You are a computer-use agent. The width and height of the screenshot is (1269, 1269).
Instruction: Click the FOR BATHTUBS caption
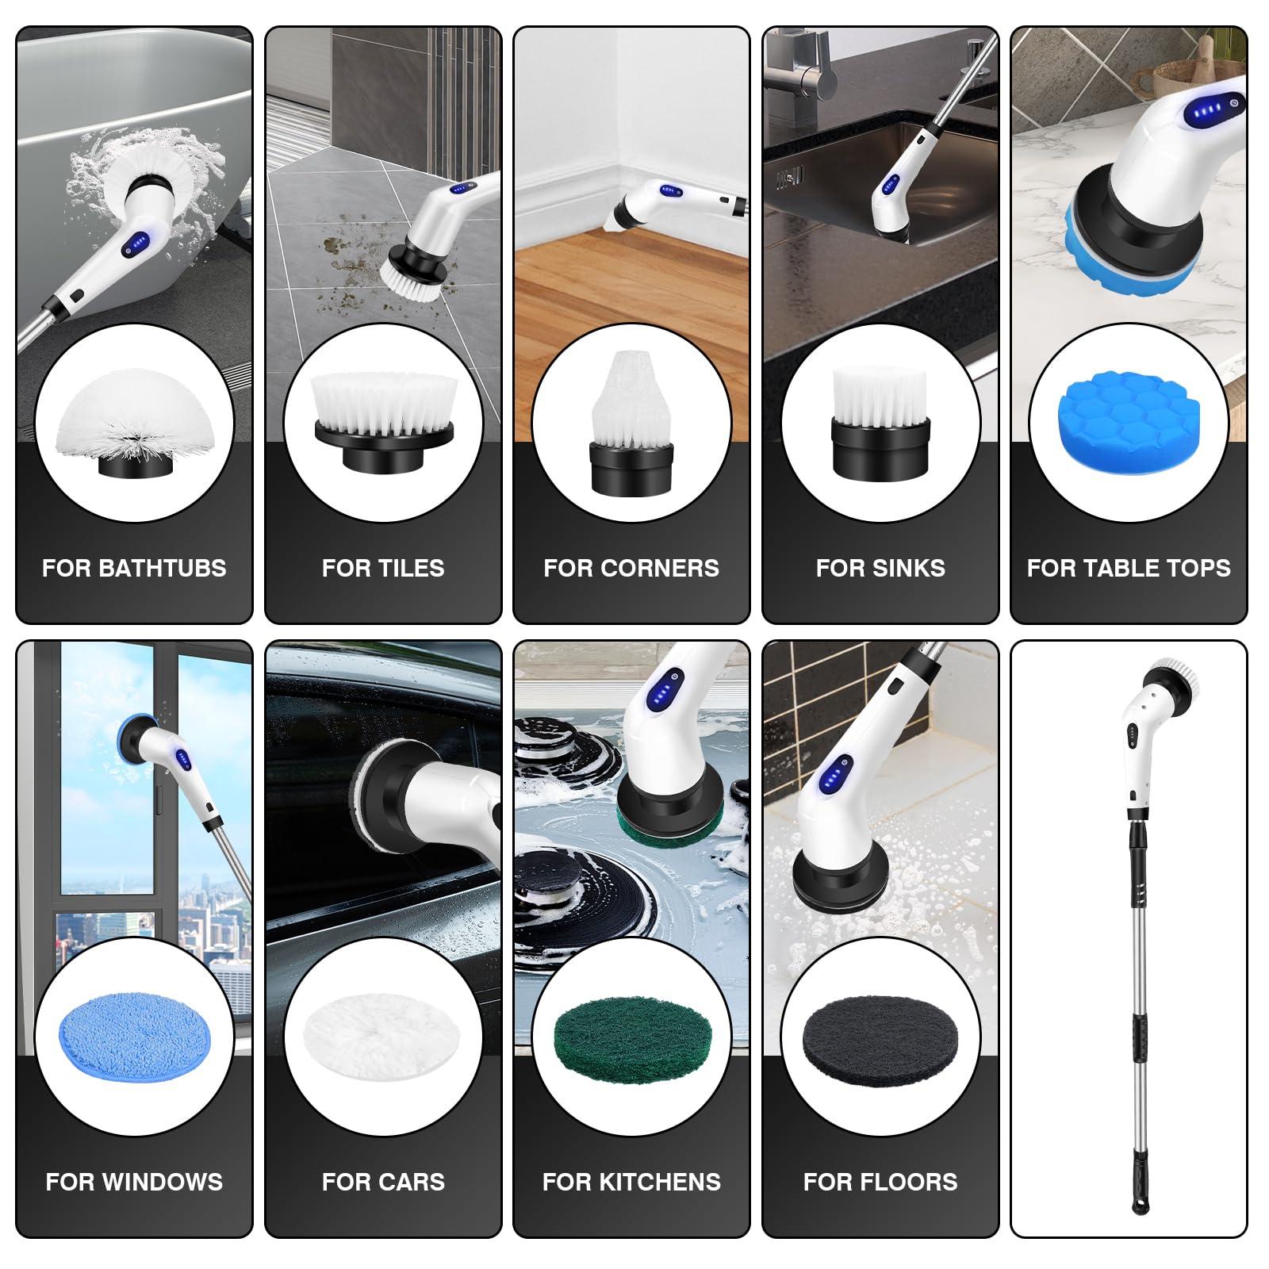tap(134, 568)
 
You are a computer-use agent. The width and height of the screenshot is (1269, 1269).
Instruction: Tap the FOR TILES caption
tap(383, 568)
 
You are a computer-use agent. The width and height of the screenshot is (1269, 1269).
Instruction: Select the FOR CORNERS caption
tap(631, 568)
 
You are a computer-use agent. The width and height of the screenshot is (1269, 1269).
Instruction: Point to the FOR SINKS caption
tap(880, 568)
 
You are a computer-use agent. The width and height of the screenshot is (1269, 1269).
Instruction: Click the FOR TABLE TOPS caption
tap(1129, 568)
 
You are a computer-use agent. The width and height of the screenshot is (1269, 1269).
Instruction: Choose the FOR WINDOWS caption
tap(134, 1181)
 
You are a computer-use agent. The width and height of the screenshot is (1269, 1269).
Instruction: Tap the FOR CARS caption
tap(383, 1181)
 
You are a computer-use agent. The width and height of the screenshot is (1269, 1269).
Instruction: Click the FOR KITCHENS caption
tap(631, 1181)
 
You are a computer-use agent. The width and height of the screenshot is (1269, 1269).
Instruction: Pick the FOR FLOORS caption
tap(880, 1181)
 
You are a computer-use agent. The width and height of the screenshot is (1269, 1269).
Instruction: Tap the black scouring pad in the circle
tap(880, 1036)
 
